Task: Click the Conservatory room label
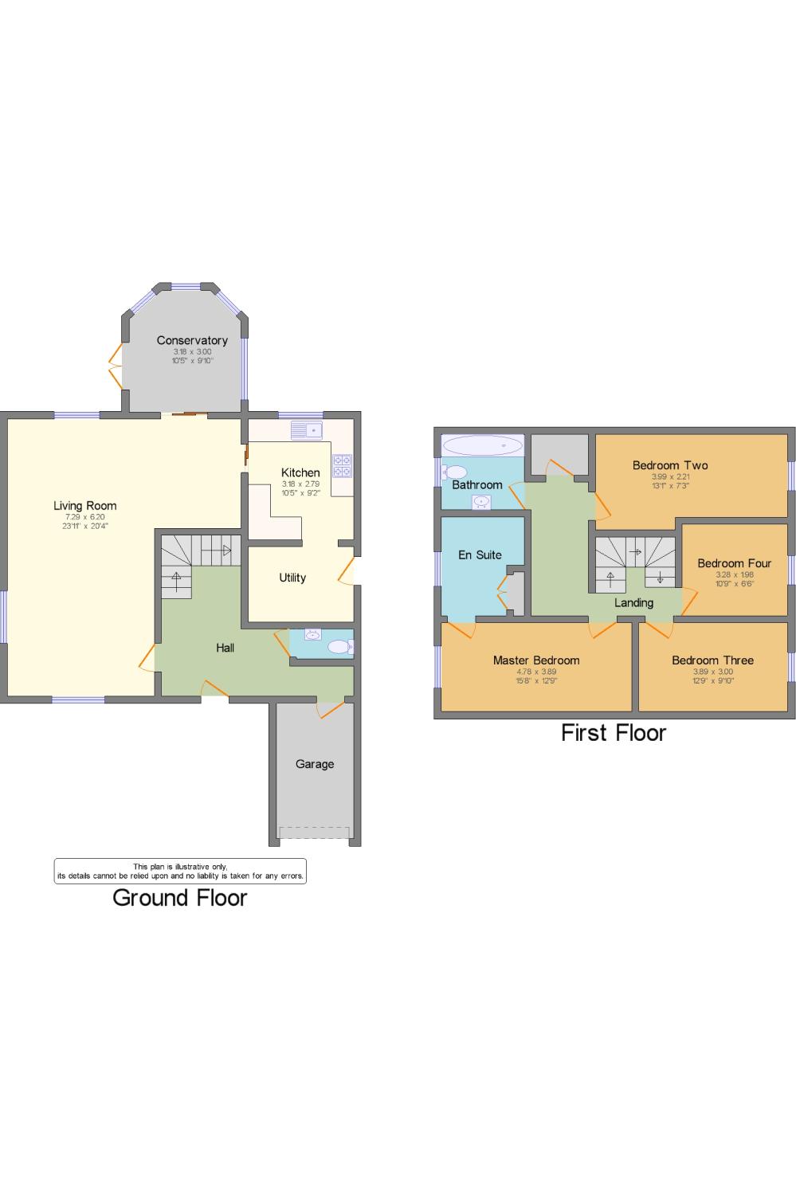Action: click(192, 340)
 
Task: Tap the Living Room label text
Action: click(84, 505)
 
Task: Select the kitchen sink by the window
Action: click(306, 430)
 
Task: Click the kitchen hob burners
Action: click(342, 465)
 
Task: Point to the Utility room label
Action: click(292, 578)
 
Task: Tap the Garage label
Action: click(315, 764)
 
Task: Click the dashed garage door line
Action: click(315, 833)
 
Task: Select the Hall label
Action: click(225, 648)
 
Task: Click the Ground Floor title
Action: click(180, 898)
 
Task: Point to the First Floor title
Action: click(613, 733)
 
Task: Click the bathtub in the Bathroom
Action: click(482, 445)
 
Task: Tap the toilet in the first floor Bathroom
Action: click(455, 472)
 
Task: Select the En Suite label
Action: click(480, 554)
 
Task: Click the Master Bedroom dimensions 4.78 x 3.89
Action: click(536, 672)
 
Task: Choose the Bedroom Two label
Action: click(670, 465)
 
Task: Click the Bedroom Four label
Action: click(734, 563)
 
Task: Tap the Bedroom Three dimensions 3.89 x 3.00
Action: click(712, 672)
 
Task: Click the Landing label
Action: click(634, 603)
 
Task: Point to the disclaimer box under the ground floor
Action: click(180, 871)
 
